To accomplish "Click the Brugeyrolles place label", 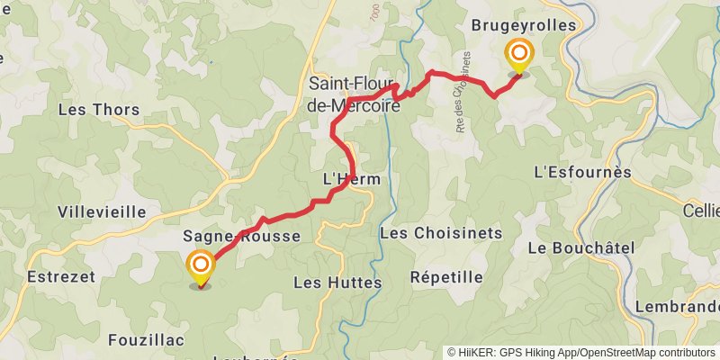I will [x=523, y=26].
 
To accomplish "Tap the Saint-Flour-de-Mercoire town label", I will [x=354, y=94].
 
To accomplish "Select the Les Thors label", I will [x=98, y=110].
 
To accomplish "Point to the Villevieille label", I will [x=101, y=213].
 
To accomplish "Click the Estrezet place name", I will [x=61, y=276].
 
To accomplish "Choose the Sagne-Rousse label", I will [x=241, y=237].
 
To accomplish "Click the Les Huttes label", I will [x=337, y=283].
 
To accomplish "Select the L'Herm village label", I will [x=351, y=180].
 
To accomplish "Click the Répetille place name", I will [x=445, y=276].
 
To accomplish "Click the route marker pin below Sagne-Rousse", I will [x=200, y=268].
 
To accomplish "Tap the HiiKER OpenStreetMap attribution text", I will [x=580, y=353].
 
